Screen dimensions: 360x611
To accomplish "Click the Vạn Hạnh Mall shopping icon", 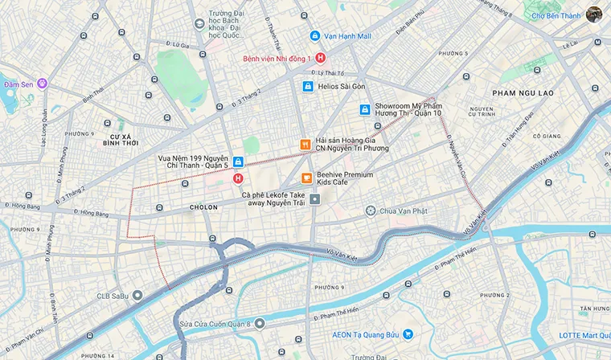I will click(315, 36).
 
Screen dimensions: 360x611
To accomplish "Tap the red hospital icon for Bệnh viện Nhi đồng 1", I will click(320, 58).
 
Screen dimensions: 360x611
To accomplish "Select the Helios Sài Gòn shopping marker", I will click(306, 86).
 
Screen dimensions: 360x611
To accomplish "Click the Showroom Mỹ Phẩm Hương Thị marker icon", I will click(364, 109).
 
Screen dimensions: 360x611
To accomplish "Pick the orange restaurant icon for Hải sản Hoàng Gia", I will click(305, 145).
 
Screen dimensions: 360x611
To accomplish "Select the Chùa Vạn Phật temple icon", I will click(370, 211).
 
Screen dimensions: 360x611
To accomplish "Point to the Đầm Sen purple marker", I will click(42, 84).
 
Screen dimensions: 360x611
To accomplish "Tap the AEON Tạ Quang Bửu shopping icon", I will click(408, 333).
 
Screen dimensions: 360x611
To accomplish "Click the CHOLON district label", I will click(203, 207).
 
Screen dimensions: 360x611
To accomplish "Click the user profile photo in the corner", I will click(594, 14).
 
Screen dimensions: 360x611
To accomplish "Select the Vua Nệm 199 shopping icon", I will click(238, 162).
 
